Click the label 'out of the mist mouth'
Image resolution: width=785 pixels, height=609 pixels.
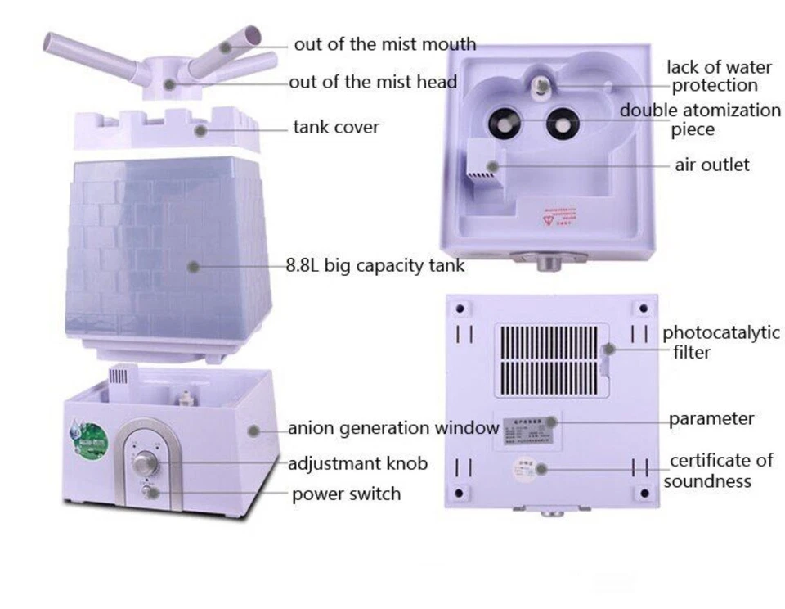point(384,44)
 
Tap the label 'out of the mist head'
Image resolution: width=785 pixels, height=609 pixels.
point(372,82)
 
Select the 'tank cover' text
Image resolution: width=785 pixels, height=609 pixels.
point(336,128)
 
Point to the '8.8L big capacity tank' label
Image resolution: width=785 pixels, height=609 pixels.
point(375,265)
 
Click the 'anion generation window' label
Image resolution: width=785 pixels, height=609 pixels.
point(392,428)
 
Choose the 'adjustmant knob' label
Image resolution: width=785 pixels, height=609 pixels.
point(357,464)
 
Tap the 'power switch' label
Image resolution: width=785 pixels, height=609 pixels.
point(346,494)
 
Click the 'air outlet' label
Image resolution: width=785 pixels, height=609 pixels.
point(711,165)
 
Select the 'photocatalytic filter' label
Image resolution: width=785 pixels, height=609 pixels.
point(720,342)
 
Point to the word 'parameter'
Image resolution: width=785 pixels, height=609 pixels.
point(711,419)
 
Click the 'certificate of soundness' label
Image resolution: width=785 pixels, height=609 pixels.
point(719,471)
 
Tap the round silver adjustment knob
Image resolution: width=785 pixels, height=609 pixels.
point(146,463)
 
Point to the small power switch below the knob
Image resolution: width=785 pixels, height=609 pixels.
point(147,492)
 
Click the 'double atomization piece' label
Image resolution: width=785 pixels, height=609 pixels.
point(699,120)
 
